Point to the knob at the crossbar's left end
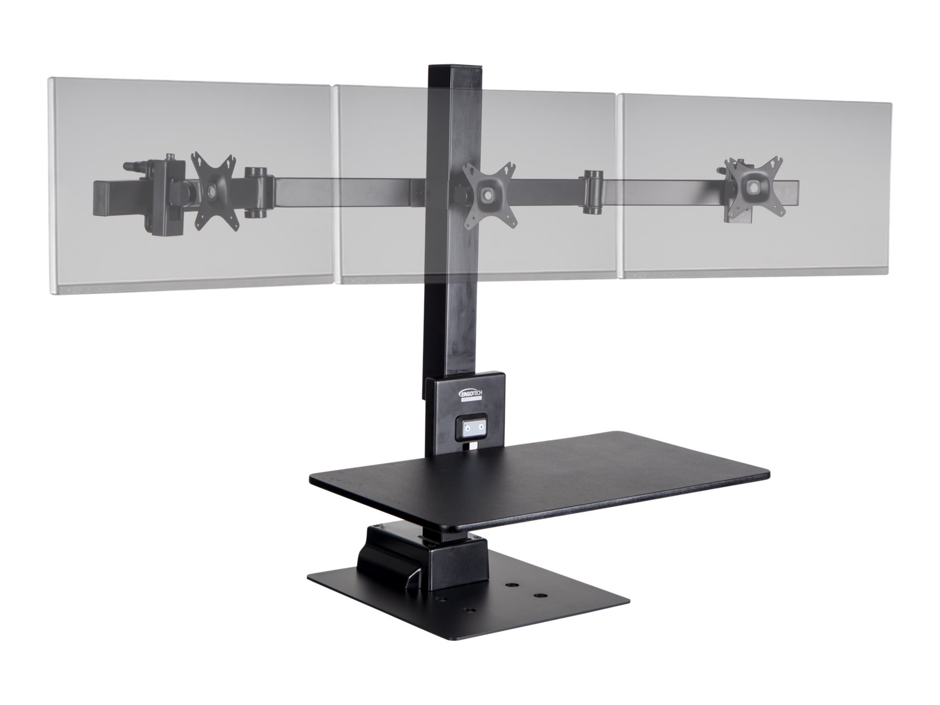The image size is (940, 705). click(128, 166)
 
